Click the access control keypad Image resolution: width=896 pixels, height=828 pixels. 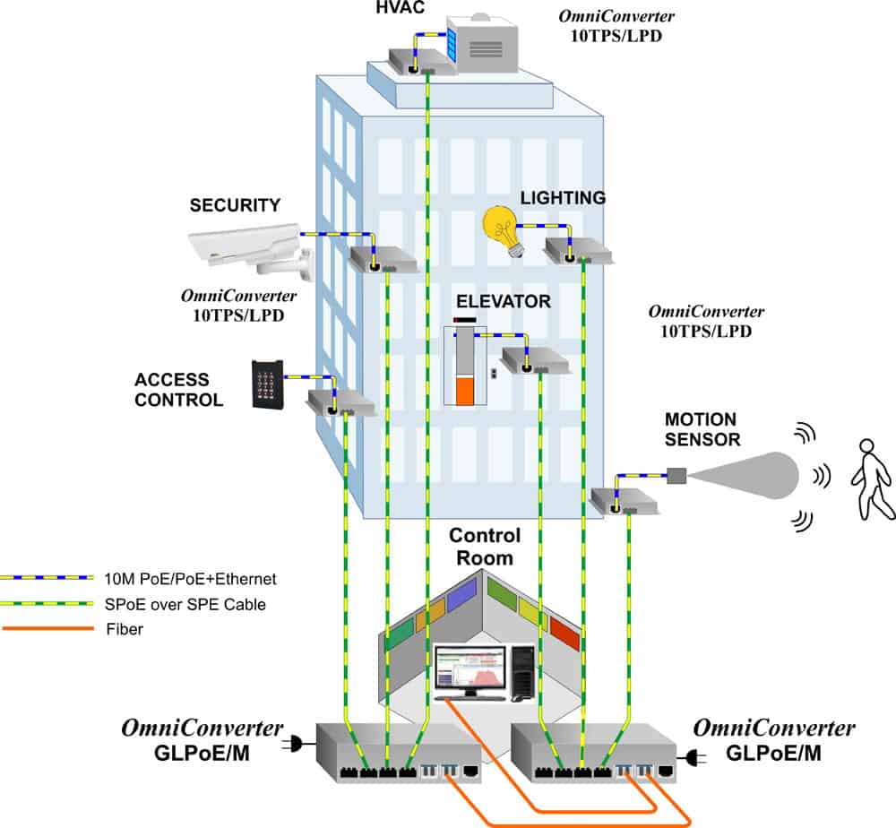pos(268,384)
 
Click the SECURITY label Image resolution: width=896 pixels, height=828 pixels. pos(235,206)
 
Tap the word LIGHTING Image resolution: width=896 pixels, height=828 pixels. pos(563,198)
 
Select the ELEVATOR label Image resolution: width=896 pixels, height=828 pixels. pos(503,302)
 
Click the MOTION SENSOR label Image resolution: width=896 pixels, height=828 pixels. pos(702,429)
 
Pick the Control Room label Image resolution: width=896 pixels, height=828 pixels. pos(485,547)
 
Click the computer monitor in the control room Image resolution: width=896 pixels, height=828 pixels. pos(470,670)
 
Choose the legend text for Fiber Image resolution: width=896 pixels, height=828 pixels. pos(125,629)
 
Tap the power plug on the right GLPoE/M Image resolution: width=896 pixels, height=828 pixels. pos(692,759)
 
